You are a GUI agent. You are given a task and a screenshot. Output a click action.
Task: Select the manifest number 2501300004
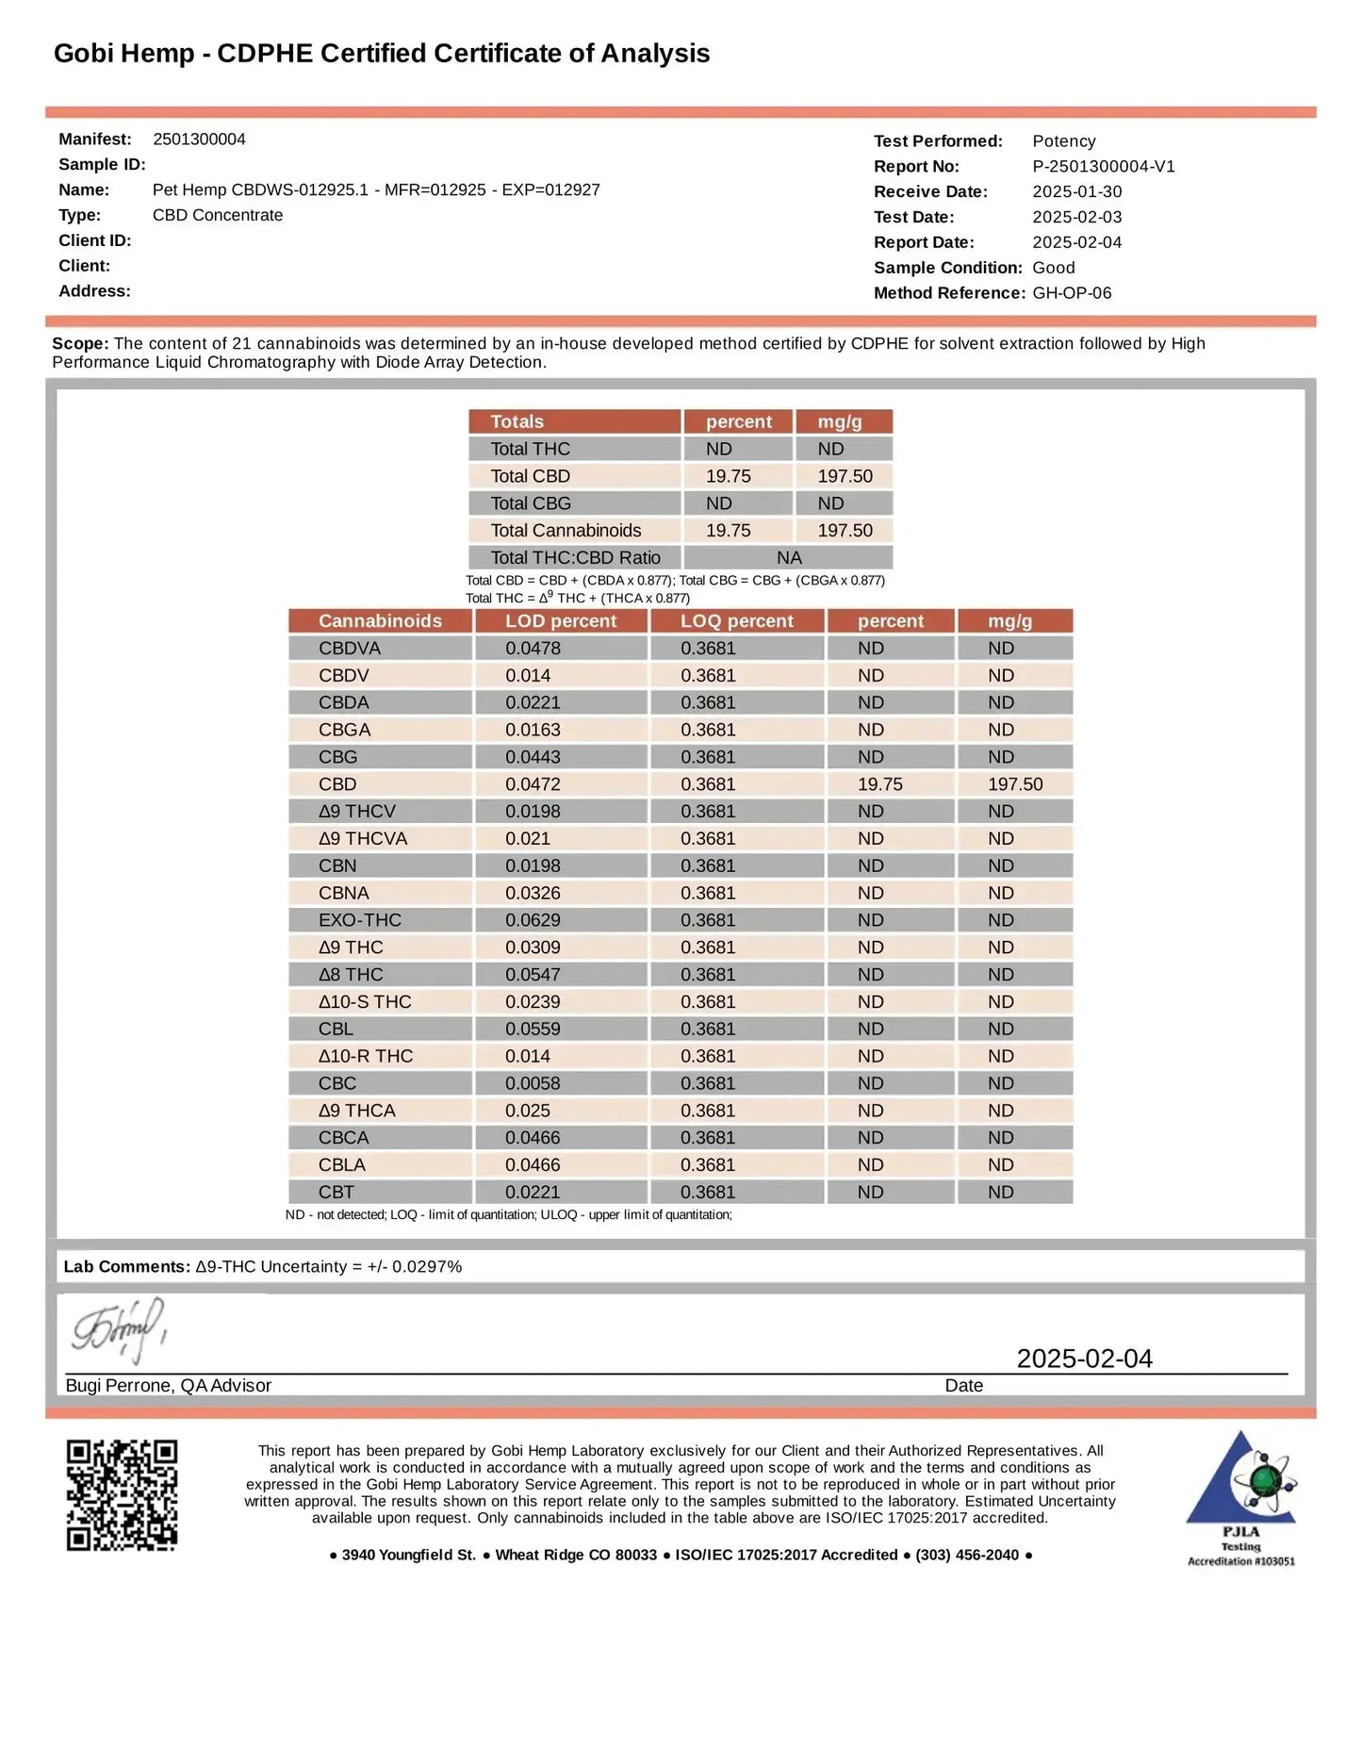coord(199,140)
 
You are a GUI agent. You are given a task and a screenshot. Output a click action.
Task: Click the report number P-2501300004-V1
coord(1103,167)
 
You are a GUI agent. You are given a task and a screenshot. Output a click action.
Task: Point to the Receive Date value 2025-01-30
coord(1076,192)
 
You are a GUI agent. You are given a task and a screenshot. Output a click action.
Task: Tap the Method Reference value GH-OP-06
coord(1072,293)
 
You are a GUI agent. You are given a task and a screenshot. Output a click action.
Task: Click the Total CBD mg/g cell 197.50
coord(845,476)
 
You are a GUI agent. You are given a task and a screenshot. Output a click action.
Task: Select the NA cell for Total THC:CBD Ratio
coord(789,558)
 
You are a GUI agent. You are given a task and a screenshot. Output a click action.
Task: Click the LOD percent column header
coord(561,621)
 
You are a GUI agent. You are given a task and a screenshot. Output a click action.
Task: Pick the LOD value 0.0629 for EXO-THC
coord(533,920)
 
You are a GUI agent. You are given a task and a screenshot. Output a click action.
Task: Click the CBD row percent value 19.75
coord(879,784)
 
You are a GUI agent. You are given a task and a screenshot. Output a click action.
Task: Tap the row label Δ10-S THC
coord(365,1002)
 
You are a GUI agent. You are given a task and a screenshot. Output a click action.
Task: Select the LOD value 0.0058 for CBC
coord(533,1084)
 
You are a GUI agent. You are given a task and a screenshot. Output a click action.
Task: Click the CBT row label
coord(336,1193)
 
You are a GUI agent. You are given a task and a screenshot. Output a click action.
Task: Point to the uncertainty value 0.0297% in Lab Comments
coord(427,1267)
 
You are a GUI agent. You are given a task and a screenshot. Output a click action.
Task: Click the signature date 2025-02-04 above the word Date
coord(1084,1359)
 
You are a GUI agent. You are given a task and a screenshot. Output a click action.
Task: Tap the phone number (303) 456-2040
coord(967,1555)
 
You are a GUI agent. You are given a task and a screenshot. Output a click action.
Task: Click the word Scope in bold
coord(79,344)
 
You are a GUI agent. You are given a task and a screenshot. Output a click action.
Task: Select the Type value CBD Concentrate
coord(218,216)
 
